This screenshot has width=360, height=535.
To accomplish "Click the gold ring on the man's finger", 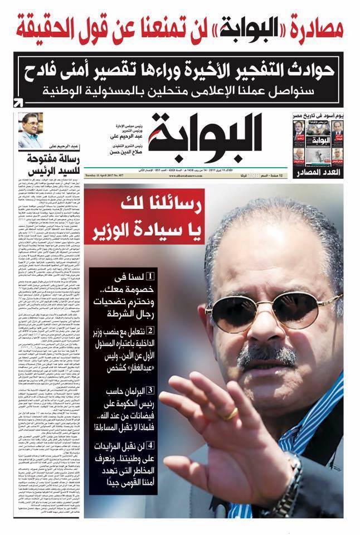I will point(231,413).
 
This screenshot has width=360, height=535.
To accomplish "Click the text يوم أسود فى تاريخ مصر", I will point(318,115).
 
